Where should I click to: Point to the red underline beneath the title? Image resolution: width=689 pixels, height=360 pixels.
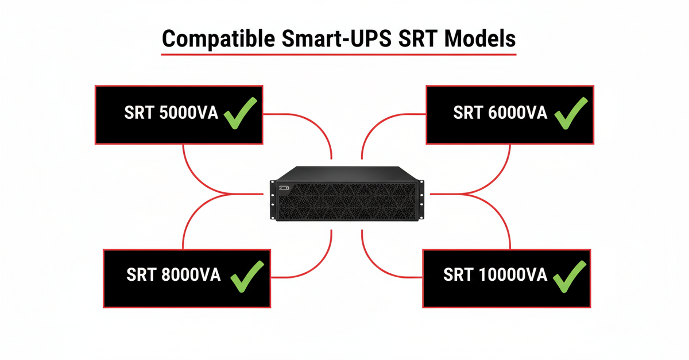(339, 55)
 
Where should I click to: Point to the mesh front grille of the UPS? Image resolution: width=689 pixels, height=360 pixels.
(350, 204)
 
